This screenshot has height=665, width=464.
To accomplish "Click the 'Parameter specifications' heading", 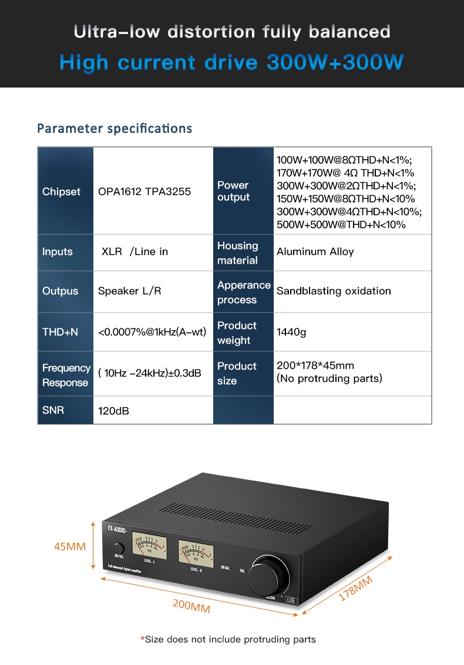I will [x=115, y=128].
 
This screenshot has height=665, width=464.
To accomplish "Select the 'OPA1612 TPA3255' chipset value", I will [x=144, y=192].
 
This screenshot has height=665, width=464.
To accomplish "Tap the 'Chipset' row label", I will [x=61, y=192].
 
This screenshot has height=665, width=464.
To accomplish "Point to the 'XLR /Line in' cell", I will [x=135, y=251].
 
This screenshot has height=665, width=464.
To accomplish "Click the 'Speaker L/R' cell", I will [x=129, y=291].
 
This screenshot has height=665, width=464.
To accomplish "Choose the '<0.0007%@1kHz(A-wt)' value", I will [x=152, y=332].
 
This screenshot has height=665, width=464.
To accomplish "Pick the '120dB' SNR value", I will [x=113, y=411].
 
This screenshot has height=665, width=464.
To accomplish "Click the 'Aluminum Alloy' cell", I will [x=315, y=251].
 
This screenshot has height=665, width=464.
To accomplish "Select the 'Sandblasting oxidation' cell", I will [x=334, y=291].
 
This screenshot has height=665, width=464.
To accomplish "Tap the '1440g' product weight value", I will [x=291, y=332].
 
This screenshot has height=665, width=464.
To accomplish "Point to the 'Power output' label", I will [x=233, y=191].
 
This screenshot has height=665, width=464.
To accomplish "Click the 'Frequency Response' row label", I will [x=66, y=375].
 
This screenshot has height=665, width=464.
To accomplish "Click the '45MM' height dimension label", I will [x=70, y=546].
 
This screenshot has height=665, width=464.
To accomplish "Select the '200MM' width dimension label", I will [x=191, y=606].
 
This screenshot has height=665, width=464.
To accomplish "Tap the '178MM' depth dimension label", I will [x=356, y=589].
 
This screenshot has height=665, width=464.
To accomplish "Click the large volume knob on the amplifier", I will [x=268, y=577].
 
